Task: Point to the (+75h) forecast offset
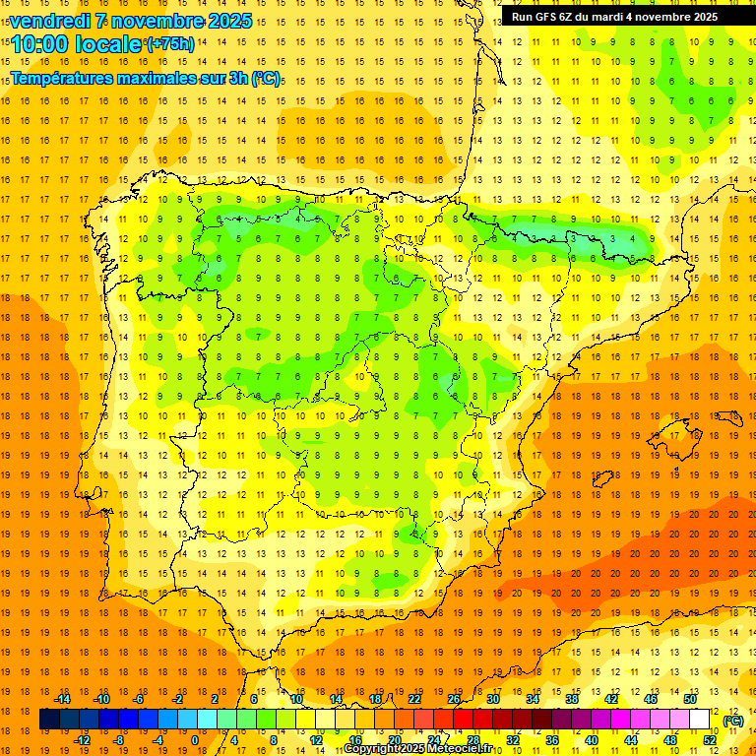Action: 170,44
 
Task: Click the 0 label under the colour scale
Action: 195,739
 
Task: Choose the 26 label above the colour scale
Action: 454,699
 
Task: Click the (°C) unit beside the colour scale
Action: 733,721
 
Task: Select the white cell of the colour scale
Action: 700,720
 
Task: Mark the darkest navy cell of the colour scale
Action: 49,720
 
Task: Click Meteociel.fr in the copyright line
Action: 462,749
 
